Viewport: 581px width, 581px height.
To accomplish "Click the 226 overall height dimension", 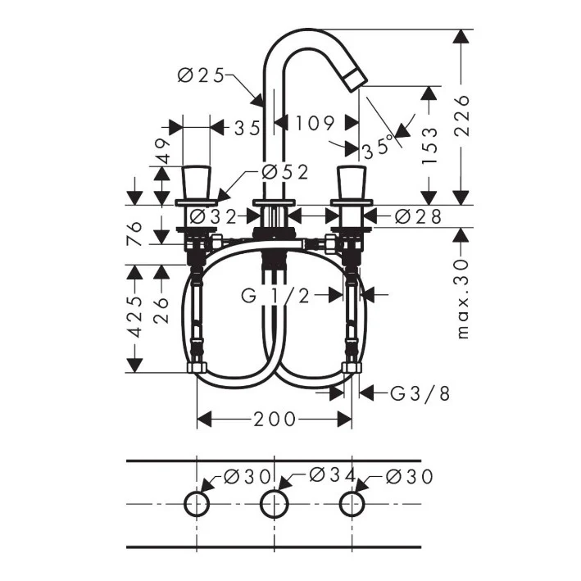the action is (x=462, y=116).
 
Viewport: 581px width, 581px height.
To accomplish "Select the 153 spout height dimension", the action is (x=429, y=145).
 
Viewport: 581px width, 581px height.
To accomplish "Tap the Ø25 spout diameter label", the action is (x=202, y=76).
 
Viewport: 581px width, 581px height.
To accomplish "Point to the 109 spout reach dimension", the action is (x=315, y=123).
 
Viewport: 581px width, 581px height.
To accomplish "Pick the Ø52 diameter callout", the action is (x=285, y=172).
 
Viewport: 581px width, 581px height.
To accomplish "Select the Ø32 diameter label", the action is (x=213, y=217).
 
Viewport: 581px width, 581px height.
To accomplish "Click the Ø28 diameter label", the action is (x=418, y=217).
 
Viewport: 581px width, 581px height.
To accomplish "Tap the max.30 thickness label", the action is (x=462, y=299).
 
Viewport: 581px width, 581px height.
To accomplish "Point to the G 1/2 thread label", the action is (x=275, y=296).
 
